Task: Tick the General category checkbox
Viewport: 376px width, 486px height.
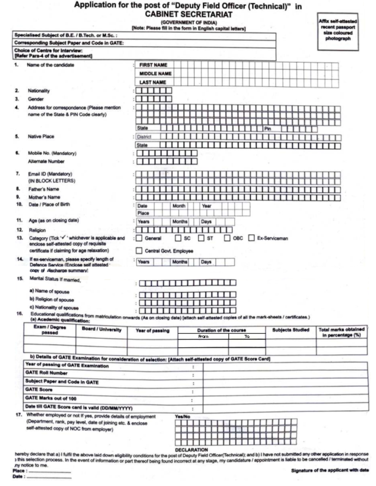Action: pyautogui.click(x=139, y=238)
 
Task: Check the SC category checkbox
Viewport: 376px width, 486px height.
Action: pyautogui.click(x=178, y=238)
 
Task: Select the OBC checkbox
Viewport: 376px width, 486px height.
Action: pyautogui.click(x=227, y=238)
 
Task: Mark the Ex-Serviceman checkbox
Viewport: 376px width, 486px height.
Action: pyautogui.click(x=251, y=238)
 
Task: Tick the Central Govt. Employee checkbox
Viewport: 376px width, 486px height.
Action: pyautogui.click(x=139, y=251)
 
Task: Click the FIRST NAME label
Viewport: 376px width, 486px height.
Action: pyautogui.click(x=153, y=65)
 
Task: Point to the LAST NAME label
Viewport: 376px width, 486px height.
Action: pyautogui.click(x=153, y=82)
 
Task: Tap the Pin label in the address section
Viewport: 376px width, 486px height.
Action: pyautogui.click(x=268, y=128)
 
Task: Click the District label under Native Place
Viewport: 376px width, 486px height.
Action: pyautogui.click(x=144, y=137)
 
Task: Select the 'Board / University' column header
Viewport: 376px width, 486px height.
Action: pyautogui.click(x=102, y=329)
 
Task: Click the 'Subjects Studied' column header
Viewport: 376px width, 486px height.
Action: pyautogui.click(x=290, y=330)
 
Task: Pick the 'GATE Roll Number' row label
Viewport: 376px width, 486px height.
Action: pyautogui.click(x=46, y=373)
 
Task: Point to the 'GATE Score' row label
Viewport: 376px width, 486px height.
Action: pyautogui.click(x=39, y=389)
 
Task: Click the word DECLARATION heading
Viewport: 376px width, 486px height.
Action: pyautogui.click(x=191, y=450)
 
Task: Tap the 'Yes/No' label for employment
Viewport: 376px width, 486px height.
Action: pyautogui.click(x=182, y=416)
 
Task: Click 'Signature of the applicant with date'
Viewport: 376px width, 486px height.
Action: pyautogui.click(x=330, y=470)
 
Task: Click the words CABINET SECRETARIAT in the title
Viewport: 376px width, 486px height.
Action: pyautogui.click(x=189, y=14)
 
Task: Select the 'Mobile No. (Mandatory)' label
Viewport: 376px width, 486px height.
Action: pyautogui.click(x=52, y=153)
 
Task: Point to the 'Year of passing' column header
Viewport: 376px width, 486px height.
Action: pyautogui.click(x=152, y=331)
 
